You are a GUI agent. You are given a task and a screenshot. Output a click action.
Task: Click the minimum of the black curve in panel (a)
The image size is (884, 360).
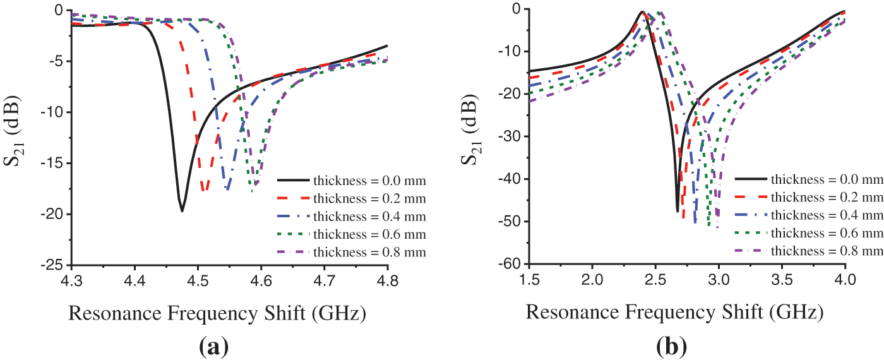click(182, 211)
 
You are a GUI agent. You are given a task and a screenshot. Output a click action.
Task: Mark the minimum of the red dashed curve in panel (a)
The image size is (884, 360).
click(203, 190)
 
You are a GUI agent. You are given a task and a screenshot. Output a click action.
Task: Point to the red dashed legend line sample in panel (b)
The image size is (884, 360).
click(748, 197)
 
